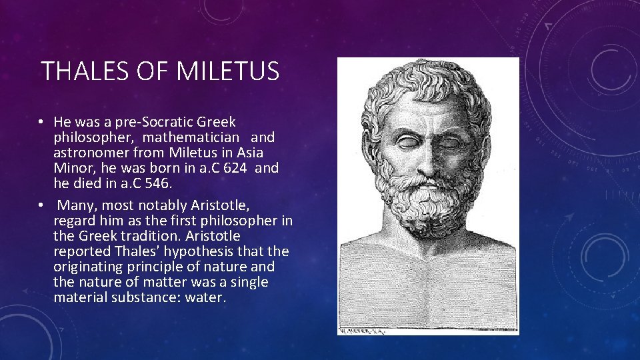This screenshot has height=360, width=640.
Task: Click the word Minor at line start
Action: [x=71, y=168]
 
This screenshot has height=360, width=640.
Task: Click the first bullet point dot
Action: [x=41, y=123]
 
